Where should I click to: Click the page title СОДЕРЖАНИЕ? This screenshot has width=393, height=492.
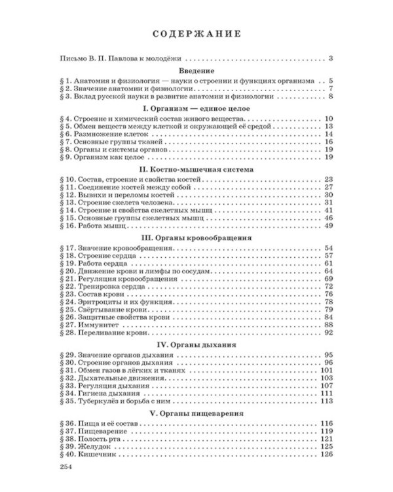(x=196, y=35)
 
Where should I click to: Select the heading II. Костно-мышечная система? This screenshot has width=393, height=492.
(x=196, y=169)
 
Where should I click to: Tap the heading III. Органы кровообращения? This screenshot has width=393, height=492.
(x=196, y=236)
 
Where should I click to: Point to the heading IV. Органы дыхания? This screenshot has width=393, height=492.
(x=196, y=344)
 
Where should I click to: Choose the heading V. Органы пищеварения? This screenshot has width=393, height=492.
(x=196, y=414)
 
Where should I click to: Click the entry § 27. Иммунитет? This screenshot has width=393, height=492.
(x=97, y=325)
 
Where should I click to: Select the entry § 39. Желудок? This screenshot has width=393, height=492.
(x=93, y=446)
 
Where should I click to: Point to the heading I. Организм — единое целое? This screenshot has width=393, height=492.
(x=196, y=107)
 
